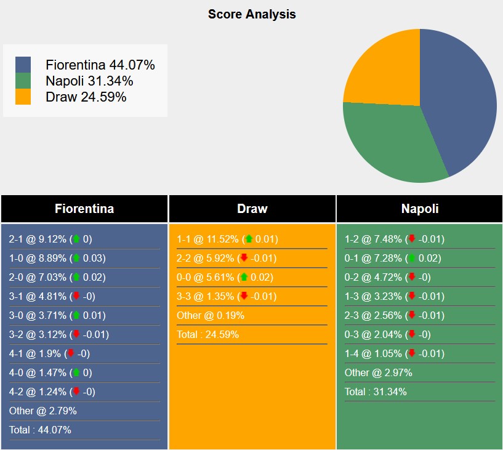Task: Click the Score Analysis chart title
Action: pyautogui.click(x=251, y=14)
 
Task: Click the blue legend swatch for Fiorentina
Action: pyautogui.click(x=23, y=65)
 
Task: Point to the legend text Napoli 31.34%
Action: pyautogui.click(x=89, y=81)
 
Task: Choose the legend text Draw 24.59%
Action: pyautogui.click(x=86, y=97)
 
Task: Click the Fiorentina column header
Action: pyautogui.click(x=84, y=209)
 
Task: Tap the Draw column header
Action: pyautogui.click(x=252, y=209)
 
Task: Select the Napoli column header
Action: pyautogui.click(x=420, y=209)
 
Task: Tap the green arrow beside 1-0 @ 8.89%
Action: pyautogui.click(x=76, y=258)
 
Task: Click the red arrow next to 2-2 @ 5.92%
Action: pyautogui.click(x=244, y=258)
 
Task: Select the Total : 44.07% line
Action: pyautogui.click(x=40, y=430)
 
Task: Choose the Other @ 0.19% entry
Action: pyautogui.click(x=210, y=315)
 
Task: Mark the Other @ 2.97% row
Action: pyautogui.click(x=378, y=372)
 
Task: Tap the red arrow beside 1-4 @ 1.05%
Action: pyautogui.click(x=412, y=353)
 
